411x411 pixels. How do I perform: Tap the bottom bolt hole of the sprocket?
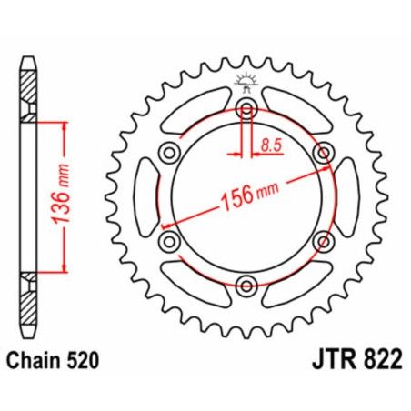pos(246,287)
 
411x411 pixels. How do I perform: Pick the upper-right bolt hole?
pos(323,155)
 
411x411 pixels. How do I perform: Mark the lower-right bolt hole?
pos(323,243)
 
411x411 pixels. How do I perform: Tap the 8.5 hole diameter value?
pos(270,144)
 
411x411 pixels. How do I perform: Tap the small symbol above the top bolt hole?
pos(246,83)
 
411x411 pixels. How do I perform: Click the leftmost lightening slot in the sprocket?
pos(147,198)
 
